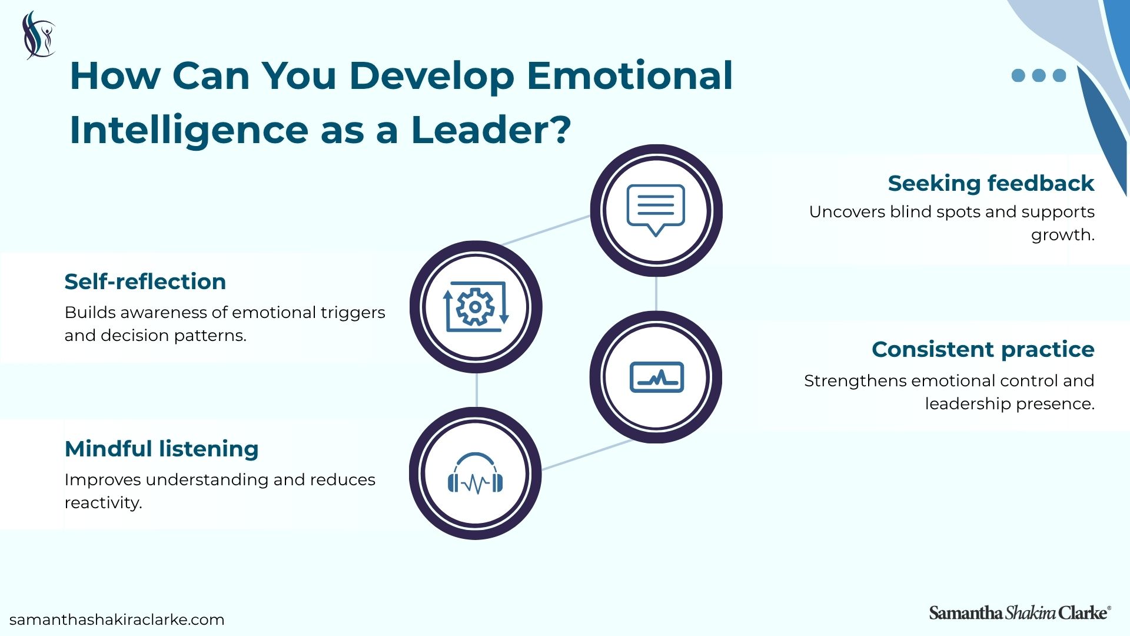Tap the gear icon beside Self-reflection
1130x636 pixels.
tap(476, 307)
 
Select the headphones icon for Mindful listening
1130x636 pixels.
tap(476, 473)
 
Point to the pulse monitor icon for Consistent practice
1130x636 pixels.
tap(657, 377)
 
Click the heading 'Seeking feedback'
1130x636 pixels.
tap(991, 183)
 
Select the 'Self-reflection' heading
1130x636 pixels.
tap(145, 281)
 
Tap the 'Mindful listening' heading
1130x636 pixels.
tap(162, 449)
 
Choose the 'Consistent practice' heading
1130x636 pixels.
tap(983, 349)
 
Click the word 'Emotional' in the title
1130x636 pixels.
tap(630, 75)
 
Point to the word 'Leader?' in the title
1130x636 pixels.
tap(491, 130)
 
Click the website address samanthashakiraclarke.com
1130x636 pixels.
tap(117, 620)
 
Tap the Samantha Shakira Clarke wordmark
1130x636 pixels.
tap(1020, 613)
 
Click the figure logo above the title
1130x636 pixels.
tap(38, 35)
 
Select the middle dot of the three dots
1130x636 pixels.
tap(1039, 75)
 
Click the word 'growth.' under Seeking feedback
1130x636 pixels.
tap(1063, 235)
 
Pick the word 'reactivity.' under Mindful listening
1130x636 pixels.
tap(104, 502)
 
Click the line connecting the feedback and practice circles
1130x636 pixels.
tap(656, 294)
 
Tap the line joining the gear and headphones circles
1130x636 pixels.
tap(476, 390)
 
